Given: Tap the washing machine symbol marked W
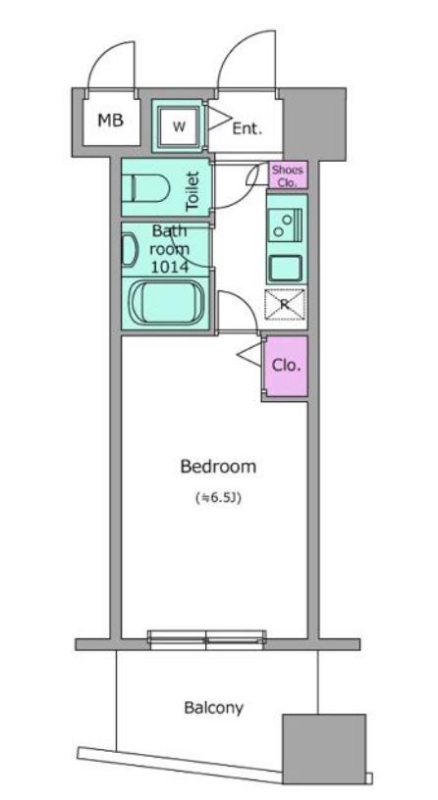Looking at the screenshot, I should pos(179,125).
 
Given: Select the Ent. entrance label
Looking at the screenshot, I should pos(246,126).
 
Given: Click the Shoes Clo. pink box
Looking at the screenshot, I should pos(289,174).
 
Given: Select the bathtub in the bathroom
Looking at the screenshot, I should pos(165,303).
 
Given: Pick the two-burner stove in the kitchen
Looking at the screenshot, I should pos(287,225).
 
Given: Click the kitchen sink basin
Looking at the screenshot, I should pos(287,266).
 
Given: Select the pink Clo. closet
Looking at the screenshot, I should pos(285,366).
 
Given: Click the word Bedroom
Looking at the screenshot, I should pos(218,467).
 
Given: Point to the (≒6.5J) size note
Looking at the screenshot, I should pos(218,497).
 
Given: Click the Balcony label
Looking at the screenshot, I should pos(214,707).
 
